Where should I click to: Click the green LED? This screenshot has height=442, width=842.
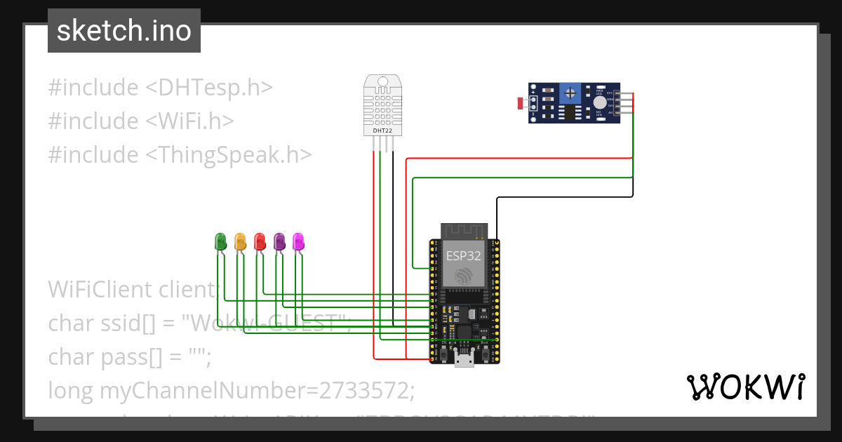click(220, 241)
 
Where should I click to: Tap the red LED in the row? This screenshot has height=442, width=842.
click(260, 241)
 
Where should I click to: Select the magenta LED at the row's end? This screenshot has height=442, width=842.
click(298, 241)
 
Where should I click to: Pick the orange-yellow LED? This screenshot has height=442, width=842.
click(240, 241)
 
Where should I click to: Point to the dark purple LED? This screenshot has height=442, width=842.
click(279, 241)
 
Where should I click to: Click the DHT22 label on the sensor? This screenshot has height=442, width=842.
click(382, 130)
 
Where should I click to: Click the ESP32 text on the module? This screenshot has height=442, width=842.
click(463, 256)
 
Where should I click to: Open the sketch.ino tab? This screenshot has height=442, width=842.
click(123, 31)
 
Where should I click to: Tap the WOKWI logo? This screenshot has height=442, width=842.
click(745, 387)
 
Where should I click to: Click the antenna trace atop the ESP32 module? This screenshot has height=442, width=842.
click(463, 232)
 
